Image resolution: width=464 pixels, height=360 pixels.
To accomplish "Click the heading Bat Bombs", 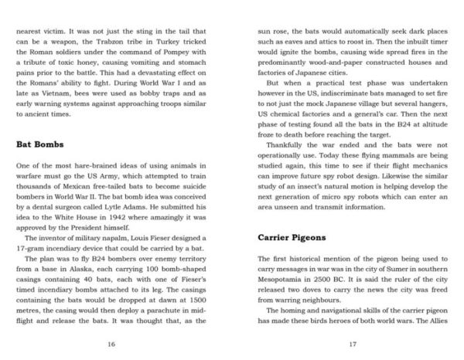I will tap(40, 144).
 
